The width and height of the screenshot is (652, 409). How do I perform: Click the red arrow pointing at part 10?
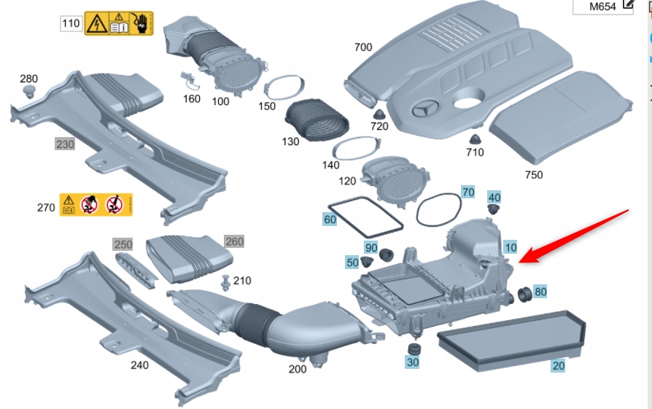tap(576, 235)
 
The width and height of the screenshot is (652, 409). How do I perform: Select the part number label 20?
tap(558, 365)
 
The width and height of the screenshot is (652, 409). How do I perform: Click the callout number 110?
tap(71, 24)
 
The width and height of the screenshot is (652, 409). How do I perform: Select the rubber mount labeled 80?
tap(523, 295)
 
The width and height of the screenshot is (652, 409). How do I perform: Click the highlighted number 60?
tap(330, 219)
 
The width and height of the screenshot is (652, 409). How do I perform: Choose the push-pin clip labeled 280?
tap(30, 91)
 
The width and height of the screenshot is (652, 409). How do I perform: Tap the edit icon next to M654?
tap(628, 6)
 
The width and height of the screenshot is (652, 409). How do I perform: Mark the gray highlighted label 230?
tap(65, 144)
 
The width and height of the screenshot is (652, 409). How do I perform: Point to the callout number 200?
tap(297, 369)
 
